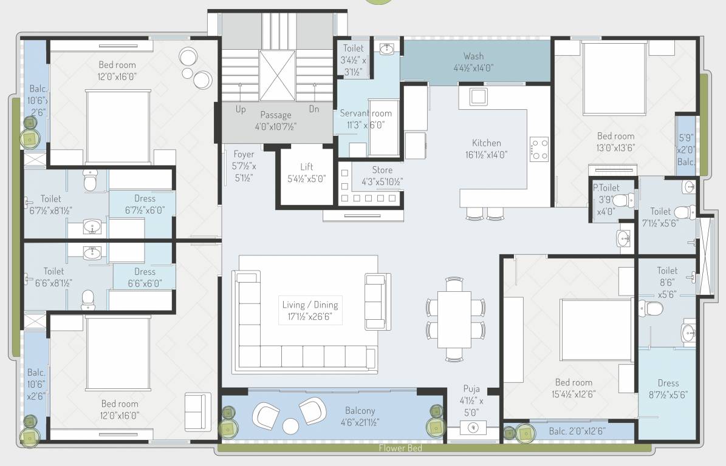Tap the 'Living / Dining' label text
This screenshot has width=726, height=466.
(x=310, y=305)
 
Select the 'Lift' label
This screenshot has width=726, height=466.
(x=307, y=167)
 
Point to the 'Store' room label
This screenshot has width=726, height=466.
(x=382, y=170)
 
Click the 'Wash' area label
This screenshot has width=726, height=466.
(x=473, y=56)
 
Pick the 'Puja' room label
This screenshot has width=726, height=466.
(x=471, y=389)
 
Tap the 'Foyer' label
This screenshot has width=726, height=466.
(x=244, y=154)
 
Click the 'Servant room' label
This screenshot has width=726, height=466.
(x=366, y=113)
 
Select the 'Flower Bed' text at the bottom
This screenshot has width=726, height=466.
(x=400, y=449)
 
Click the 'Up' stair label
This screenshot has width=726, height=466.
(x=241, y=109)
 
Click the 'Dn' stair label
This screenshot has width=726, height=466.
(x=314, y=109)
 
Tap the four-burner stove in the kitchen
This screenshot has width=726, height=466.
(x=539, y=149)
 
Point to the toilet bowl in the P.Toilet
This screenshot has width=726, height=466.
(x=620, y=200)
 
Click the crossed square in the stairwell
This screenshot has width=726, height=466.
(x=277, y=76)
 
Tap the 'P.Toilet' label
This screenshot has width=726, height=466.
(x=606, y=188)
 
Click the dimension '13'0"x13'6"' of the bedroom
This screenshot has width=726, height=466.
(x=615, y=147)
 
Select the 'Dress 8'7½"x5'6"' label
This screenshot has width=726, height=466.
(x=668, y=388)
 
